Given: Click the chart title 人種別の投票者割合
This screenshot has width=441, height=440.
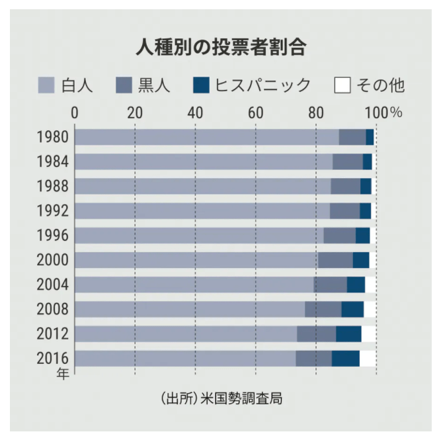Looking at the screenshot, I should (x=220, y=47).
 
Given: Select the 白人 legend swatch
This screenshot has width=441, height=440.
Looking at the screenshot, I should (x=46, y=85).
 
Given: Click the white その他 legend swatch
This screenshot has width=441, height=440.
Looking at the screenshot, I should (x=342, y=85).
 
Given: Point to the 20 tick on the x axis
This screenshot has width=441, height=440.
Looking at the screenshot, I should (x=135, y=112).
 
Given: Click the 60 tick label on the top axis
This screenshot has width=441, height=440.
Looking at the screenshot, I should (x=255, y=112).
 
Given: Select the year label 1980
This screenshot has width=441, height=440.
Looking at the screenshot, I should (x=53, y=138).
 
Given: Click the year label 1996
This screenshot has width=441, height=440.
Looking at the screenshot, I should (x=53, y=236).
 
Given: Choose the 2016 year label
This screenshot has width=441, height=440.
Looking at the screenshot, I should (x=53, y=358).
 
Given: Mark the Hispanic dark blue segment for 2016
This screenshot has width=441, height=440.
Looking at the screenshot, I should (x=345, y=358).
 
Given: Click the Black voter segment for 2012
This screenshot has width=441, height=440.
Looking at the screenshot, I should (x=316, y=333).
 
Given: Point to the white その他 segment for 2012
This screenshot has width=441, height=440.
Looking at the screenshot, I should (x=368, y=333).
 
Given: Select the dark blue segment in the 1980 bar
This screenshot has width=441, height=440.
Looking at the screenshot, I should (x=370, y=138).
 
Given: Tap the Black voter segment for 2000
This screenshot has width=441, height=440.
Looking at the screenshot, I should (x=335, y=260).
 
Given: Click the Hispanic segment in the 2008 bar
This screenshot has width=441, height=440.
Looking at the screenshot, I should (x=352, y=309).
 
